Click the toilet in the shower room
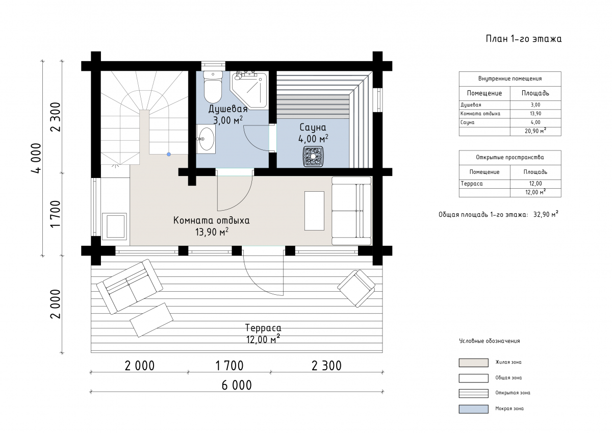point(213,87)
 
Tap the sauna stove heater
point(313,157)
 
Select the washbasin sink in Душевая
point(206,139)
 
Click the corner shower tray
point(249,90)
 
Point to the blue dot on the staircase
point(169,155)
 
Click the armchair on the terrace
point(356,288)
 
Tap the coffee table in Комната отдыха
point(314,211)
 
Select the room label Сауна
point(313,128)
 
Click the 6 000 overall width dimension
point(237,385)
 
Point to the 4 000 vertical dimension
point(36,158)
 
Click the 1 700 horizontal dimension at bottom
point(229,366)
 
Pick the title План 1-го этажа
point(523,39)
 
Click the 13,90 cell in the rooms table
point(535,114)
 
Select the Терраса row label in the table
point(472,184)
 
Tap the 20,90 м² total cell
point(535,131)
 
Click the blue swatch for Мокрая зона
point(473,409)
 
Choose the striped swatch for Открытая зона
point(473,393)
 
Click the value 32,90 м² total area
point(546,214)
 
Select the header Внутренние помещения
point(510,79)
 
